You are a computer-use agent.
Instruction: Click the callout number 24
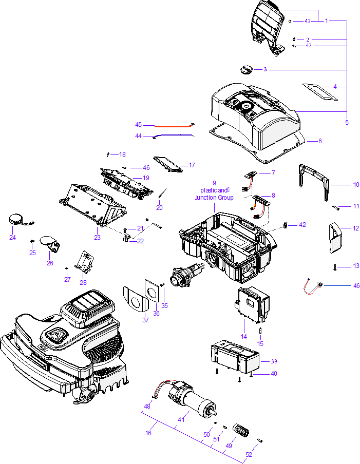click(12, 237)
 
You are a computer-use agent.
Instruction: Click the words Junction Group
click(214, 198)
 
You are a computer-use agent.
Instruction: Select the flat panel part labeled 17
click(168, 163)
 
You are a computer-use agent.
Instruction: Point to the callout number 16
click(148, 433)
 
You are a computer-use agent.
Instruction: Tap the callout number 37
click(145, 320)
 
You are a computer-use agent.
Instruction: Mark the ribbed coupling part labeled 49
click(241, 429)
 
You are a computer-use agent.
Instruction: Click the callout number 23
click(97, 237)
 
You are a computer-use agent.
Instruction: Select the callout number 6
click(319, 141)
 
